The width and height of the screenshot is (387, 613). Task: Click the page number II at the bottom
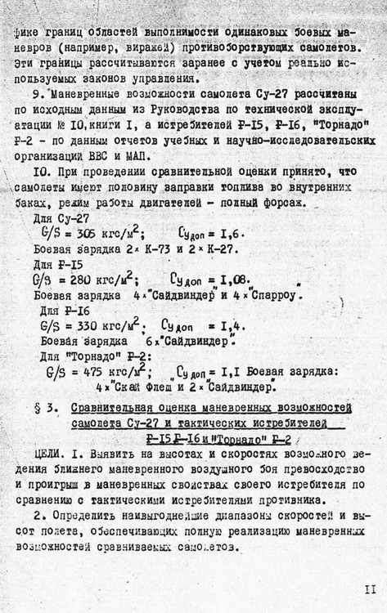[370, 588]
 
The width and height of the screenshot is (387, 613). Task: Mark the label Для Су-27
[60, 218]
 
